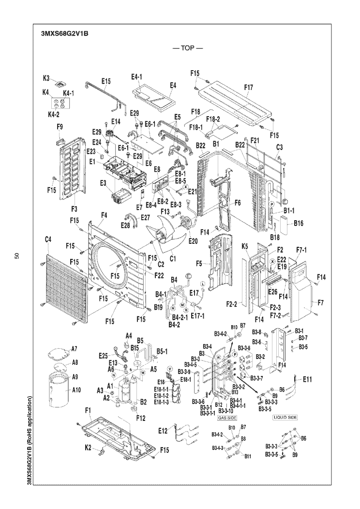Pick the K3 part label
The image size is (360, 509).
(x=47, y=77)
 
